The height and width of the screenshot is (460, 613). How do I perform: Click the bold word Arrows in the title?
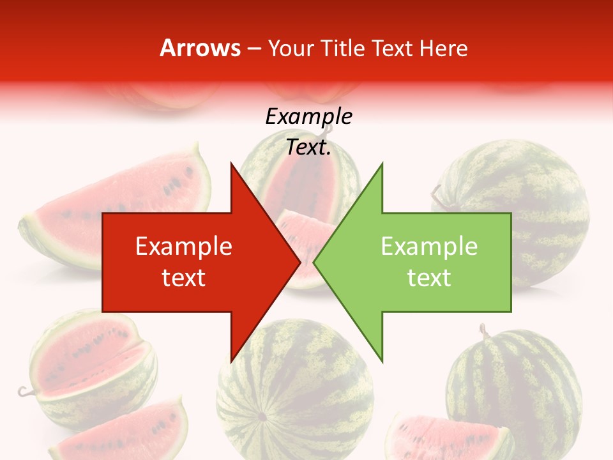click(201, 48)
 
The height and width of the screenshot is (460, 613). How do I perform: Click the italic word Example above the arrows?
click(309, 117)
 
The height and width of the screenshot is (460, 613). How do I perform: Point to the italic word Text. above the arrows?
click(309, 148)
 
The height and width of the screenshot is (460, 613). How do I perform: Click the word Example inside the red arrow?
click(184, 247)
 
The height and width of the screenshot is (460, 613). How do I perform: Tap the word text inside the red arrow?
click(184, 278)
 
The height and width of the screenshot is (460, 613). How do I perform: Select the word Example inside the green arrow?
click(429, 247)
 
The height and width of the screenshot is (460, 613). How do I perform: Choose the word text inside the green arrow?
click(429, 278)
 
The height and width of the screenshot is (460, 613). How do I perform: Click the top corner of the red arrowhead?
click(231, 164)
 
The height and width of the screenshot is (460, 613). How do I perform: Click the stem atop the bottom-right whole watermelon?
click(484, 331)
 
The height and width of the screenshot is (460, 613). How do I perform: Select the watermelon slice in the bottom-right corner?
click(447, 438)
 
